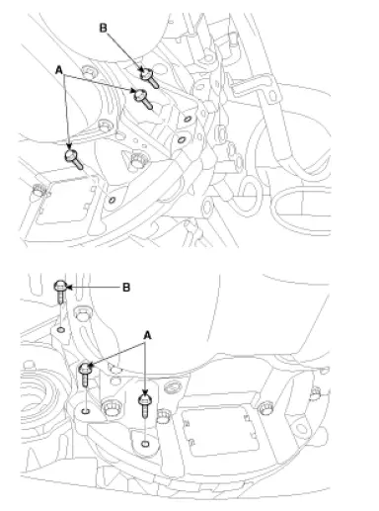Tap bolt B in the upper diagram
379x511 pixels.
[148, 73]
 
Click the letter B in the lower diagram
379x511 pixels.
[124, 288]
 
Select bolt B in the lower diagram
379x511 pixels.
[61, 289]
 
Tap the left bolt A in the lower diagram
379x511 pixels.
[86, 373]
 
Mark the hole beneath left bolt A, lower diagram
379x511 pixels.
[86, 408]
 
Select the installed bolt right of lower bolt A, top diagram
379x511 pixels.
[134, 158]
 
